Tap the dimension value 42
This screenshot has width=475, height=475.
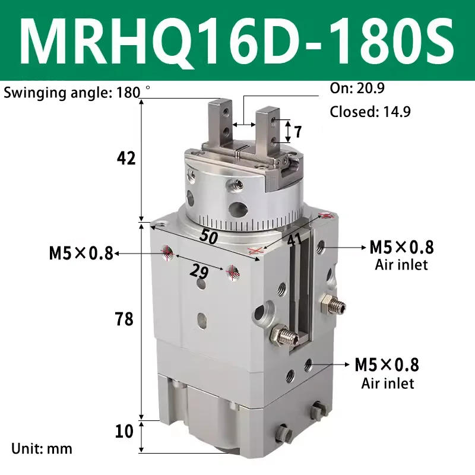point(126,159)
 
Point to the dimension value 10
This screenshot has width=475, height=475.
point(125,432)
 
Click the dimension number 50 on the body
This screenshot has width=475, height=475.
point(207,236)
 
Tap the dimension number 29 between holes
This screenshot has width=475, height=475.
point(199,271)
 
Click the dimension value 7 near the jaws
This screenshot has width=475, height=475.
point(299,131)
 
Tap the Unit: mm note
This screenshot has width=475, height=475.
point(42,448)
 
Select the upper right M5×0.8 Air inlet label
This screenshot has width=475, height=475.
point(401,254)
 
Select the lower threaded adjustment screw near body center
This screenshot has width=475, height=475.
point(284,336)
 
